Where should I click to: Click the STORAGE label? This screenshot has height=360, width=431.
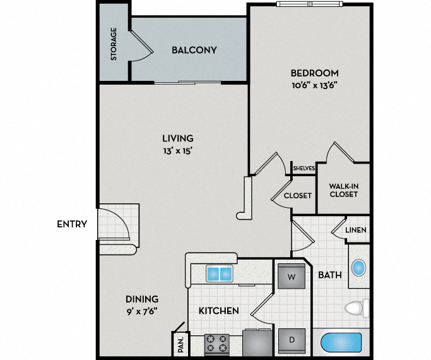point(114,44)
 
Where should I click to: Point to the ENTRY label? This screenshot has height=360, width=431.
point(72,224)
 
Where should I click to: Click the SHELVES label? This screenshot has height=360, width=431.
point(304,168)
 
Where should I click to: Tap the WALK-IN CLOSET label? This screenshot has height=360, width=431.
point(343,189)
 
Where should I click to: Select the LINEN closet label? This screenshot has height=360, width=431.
point(357,231)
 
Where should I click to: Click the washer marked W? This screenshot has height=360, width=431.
point(292,277)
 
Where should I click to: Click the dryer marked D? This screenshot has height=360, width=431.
point(292,339)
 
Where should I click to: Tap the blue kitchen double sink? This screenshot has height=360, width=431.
point(218,274)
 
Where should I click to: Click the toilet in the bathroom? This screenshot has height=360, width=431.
point(357,308)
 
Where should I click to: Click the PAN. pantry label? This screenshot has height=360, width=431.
point(180,344)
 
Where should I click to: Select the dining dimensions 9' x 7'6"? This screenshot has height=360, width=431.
point(141,310)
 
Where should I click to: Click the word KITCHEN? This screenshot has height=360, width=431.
point(218,311)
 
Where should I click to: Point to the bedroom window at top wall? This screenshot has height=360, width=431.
point(310,4)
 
